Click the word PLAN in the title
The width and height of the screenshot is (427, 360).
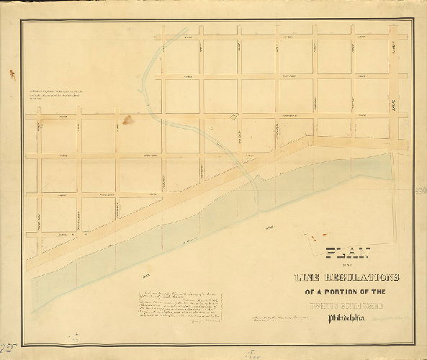348,253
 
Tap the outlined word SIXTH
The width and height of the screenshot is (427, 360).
349,306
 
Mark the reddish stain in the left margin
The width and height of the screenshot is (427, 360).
11,71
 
